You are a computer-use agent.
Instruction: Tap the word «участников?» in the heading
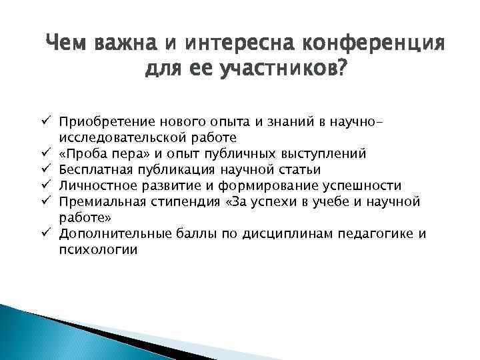[x=285, y=68]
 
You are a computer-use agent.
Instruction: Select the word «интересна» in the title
[x=246, y=45]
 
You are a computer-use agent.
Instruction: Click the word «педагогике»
[x=373, y=234]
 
